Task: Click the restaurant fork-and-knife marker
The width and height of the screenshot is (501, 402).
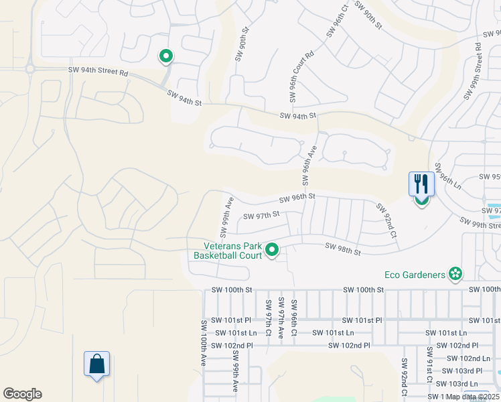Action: click(421, 184)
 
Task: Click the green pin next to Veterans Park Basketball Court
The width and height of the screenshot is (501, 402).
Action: click(272, 250)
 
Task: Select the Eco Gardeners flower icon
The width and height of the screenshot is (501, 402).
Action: click(455, 274)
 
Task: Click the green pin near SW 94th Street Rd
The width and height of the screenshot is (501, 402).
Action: click(165, 57)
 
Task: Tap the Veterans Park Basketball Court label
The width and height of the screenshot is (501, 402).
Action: click(228, 250)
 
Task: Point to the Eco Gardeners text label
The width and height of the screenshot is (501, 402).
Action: click(415, 275)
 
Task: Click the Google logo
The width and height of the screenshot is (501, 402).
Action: click(22, 394)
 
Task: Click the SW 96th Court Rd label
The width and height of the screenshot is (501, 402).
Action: click(301, 75)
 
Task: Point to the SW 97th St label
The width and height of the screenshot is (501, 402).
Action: click(261, 216)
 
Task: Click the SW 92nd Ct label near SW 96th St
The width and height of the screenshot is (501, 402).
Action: click(386, 221)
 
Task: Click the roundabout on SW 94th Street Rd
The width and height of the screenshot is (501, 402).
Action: click(30, 68)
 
